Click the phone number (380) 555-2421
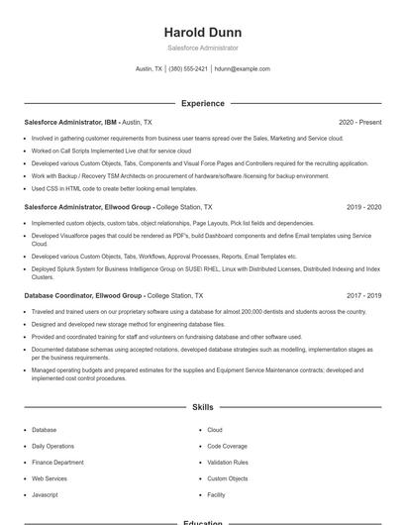(x=188, y=69)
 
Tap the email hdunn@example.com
(x=243, y=69)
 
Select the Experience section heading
(x=202, y=103)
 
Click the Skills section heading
(x=202, y=407)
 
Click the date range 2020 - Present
(x=359, y=122)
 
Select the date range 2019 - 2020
(x=363, y=208)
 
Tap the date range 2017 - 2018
(x=363, y=295)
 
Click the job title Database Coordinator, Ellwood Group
(x=83, y=295)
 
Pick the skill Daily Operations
(x=52, y=446)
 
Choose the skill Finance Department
(x=57, y=463)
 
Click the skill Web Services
(x=50, y=478)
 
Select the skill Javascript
(x=45, y=494)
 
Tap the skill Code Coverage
(x=227, y=446)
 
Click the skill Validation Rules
(x=228, y=463)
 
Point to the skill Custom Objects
(x=228, y=478)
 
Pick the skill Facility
(x=217, y=494)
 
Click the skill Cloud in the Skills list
(x=215, y=430)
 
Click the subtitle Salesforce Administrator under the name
(x=202, y=48)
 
